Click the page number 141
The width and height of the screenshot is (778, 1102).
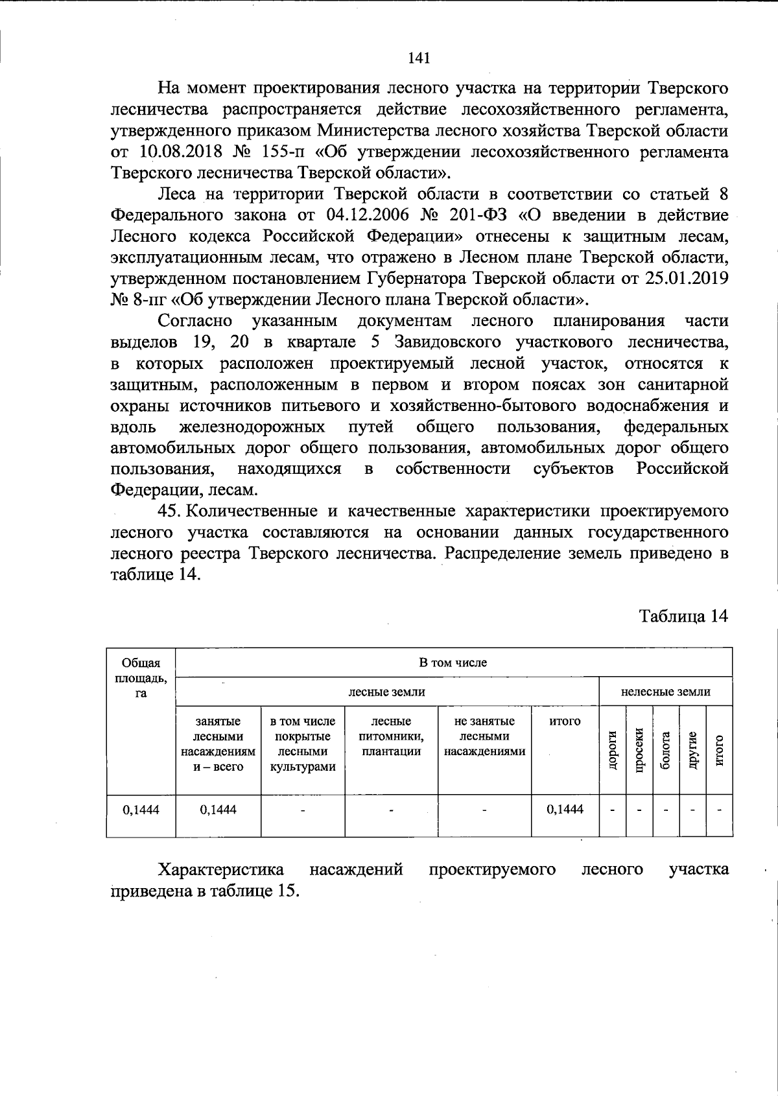419,59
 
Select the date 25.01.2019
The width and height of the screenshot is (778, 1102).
687,279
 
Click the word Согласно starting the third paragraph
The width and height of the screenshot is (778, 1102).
196,321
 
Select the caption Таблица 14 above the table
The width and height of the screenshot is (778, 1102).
684,616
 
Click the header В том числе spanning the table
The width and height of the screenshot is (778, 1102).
453,662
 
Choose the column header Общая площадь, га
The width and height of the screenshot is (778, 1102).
141,678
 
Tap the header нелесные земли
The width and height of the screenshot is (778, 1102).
665,692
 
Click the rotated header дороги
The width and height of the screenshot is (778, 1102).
611,750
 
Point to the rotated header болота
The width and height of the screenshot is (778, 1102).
665,750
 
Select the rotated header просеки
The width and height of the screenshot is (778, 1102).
639,750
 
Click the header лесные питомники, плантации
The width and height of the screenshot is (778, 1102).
391,736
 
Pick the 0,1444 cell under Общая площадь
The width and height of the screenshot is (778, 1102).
141,809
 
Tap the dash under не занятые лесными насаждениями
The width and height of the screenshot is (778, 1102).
484,810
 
